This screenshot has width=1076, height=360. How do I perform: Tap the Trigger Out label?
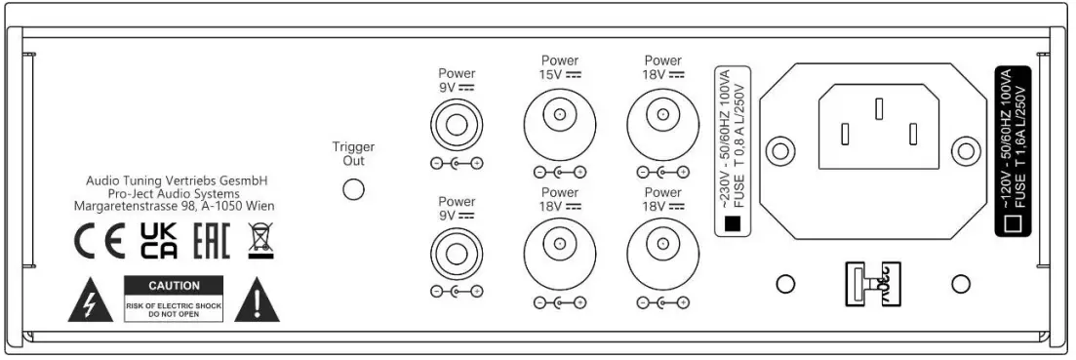353,154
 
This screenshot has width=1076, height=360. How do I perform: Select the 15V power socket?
559,118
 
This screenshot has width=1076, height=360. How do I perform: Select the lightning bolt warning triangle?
90,303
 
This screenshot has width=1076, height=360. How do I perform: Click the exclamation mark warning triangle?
257,303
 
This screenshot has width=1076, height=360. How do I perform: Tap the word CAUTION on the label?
173,286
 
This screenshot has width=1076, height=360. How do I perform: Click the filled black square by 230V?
734,223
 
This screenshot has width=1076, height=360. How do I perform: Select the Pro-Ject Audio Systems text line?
175,194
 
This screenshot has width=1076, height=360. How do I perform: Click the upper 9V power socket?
457,123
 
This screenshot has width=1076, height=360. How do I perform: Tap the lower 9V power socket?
457,253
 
